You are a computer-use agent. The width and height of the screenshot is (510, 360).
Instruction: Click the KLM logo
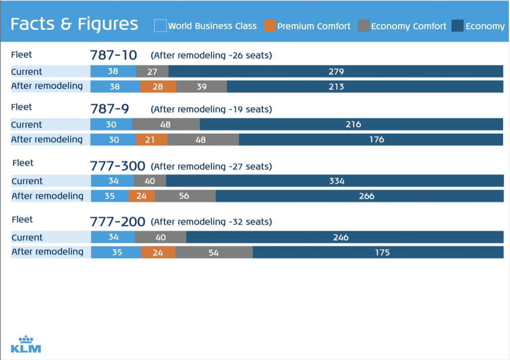click(26, 344)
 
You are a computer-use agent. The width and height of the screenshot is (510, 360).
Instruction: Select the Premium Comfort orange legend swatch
click(269, 25)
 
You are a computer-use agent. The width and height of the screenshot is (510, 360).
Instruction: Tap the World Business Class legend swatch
click(160, 25)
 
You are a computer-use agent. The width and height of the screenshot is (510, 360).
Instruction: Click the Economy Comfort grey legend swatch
click(364, 25)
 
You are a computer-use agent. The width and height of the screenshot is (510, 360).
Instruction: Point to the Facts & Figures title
click(74, 24)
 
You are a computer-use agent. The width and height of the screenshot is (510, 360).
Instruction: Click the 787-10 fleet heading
click(113, 55)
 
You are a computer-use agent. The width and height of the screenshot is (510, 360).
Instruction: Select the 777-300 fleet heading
click(118, 166)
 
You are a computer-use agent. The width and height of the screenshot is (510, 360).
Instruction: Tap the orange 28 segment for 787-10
click(158, 86)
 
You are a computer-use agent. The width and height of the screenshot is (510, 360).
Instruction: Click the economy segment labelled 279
click(336, 71)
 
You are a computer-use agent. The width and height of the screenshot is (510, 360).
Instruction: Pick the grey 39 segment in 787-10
click(202, 86)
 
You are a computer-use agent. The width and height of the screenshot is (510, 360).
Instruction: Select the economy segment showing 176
click(371, 139)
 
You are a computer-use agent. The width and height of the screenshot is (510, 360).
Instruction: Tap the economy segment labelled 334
click(335, 181)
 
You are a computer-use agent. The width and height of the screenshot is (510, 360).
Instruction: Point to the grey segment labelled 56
click(185, 196)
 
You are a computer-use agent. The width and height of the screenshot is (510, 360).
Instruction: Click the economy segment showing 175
click(378, 252)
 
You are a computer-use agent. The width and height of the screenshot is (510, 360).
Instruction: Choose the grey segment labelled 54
click(214, 252)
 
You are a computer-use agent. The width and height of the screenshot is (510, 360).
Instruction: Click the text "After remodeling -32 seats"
click(212, 222)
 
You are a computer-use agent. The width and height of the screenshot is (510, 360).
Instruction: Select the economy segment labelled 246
click(345, 238)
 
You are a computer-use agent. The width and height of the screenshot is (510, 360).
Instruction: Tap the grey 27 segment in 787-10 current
click(152, 71)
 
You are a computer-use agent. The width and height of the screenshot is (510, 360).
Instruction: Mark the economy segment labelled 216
click(351, 124)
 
